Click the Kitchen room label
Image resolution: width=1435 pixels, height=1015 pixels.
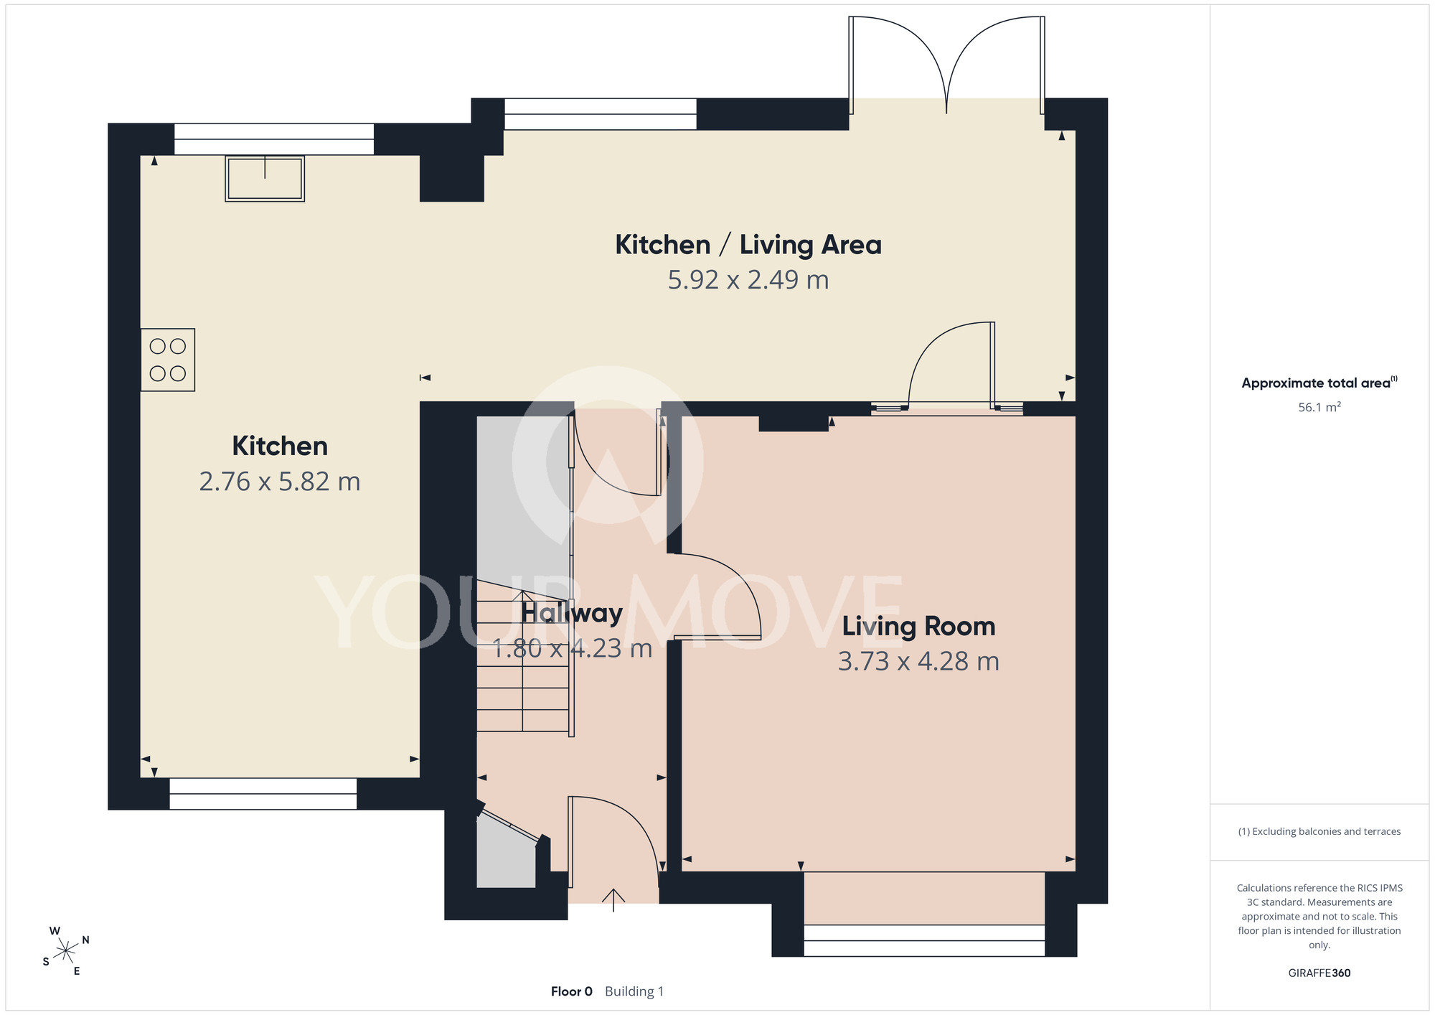[280, 446]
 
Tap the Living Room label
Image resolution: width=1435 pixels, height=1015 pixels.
[918, 626]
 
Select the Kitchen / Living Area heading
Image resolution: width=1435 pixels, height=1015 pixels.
[748, 245]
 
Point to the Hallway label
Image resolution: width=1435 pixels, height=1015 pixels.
[572, 613]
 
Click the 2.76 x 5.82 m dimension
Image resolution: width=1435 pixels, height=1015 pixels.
[280, 481]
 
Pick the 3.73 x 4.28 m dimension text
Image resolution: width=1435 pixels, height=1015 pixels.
[918, 661]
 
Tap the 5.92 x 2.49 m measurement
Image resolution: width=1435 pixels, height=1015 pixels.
[748, 279]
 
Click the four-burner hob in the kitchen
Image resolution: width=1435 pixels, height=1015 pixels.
[168, 360]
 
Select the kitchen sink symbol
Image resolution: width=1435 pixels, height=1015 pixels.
[265, 178]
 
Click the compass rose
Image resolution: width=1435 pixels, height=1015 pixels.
[65, 951]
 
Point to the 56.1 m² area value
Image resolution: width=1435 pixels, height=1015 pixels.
[1319, 407]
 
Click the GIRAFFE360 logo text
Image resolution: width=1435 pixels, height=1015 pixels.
[1319, 973]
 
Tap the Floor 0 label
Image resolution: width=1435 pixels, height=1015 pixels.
[572, 991]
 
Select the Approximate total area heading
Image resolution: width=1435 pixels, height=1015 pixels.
[1319, 383]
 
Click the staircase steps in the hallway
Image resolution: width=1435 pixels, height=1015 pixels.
[523, 656]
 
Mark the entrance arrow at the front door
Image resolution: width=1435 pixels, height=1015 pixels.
[613, 900]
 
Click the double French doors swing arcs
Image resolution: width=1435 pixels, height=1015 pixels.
[947, 65]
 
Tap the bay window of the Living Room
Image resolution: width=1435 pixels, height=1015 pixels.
[924, 940]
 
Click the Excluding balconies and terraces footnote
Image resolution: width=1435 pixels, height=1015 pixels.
[1319, 831]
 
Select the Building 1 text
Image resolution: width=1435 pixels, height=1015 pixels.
[634, 991]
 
